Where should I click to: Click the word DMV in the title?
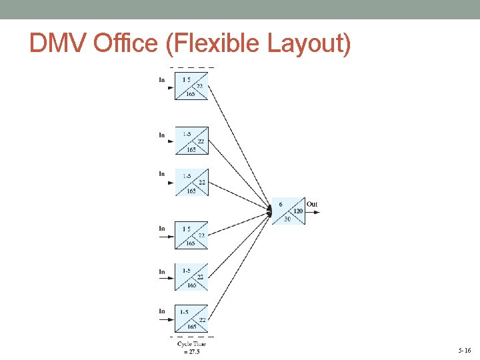tap(58, 44)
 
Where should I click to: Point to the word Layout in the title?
tap(307, 44)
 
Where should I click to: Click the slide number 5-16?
tap(464, 350)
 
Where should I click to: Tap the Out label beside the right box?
tap(312, 204)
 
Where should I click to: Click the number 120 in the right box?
tap(298, 211)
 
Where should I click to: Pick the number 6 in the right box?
tap(281, 204)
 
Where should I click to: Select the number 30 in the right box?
tap(287, 219)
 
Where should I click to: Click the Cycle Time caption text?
tap(191, 344)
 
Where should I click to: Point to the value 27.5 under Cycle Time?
tap(192, 351)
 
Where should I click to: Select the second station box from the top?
tap(191, 141)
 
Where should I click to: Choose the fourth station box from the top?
tap(191, 235)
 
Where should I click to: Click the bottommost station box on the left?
tap(191, 319)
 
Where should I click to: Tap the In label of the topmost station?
tap(162, 80)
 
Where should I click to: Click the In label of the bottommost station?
tap(162, 311)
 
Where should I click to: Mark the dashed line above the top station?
tap(192, 68)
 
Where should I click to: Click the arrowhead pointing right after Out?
tap(317, 213)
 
